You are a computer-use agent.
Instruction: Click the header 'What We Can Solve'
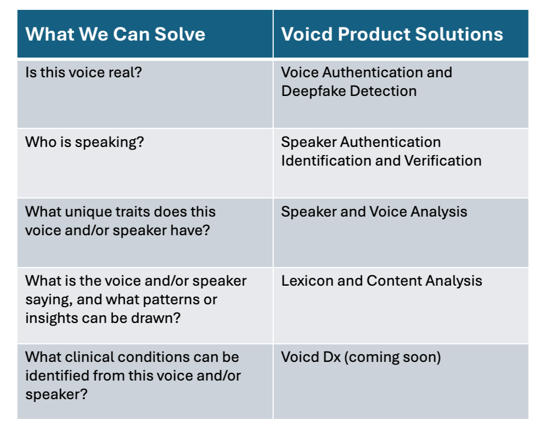[x=115, y=34]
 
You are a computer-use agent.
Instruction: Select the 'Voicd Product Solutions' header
[x=392, y=34]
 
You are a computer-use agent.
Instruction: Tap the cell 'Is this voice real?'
[x=83, y=72]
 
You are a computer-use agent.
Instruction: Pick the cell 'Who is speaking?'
[x=85, y=142]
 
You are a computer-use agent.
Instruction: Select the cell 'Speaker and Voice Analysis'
[x=374, y=212]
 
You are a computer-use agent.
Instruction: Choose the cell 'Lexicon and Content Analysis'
[x=381, y=281]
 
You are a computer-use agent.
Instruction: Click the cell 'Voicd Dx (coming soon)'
[x=361, y=357]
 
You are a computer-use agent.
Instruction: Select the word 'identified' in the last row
[x=54, y=376]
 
